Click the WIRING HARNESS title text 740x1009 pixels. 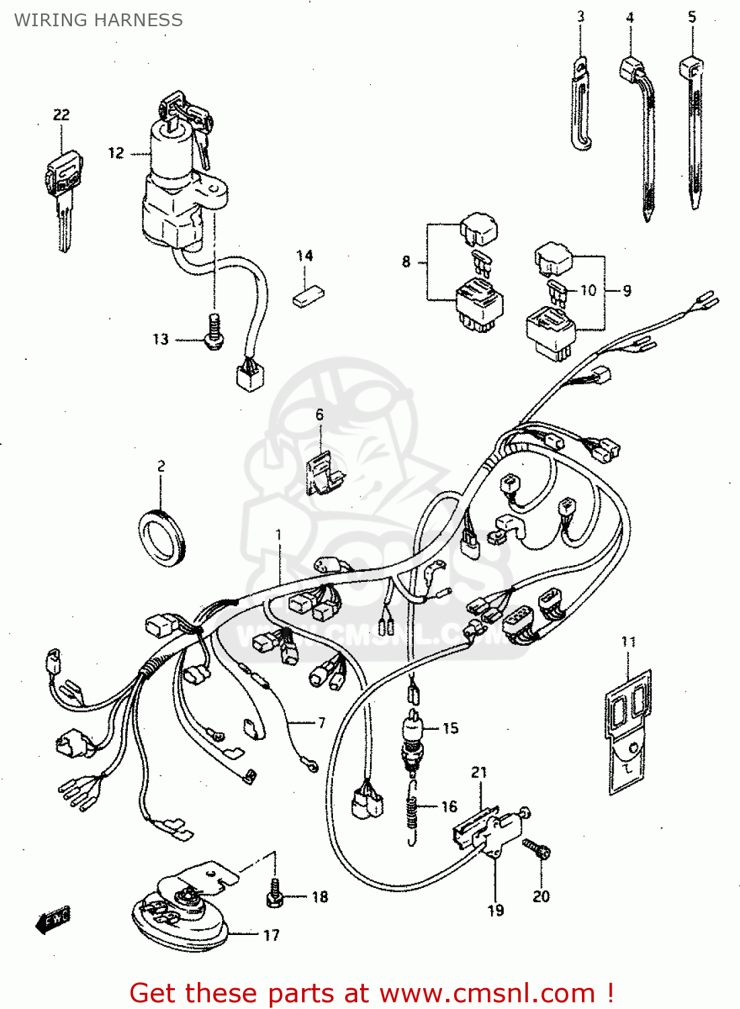pyautogui.click(x=98, y=20)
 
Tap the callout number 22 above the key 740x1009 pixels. pyautogui.click(x=61, y=115)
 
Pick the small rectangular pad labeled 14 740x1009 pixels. pyautogui.click(x=308, y=296)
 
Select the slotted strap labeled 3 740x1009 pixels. pyautogui.click(x=581, y=104)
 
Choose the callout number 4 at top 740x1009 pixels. pyautogui.click(x=630, y=18)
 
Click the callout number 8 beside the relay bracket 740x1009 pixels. pyautogui.click(x=406, y=262)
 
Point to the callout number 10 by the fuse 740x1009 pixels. pyautogui.click(x=589, y=291)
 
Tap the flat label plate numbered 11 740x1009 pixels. pyautogui.click(x=628, y=730)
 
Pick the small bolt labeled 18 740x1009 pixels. pyautogui.click(x=274, y=895)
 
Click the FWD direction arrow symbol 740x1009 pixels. pyautogui.click(x=53, y=920)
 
